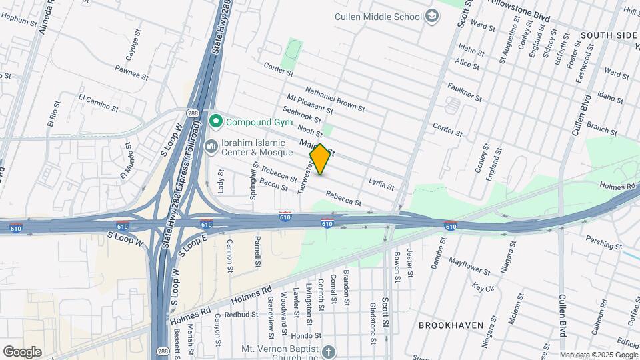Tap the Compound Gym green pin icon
pos(215,122)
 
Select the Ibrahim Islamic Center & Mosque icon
pos(211,145)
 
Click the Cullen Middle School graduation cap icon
pos(431,17)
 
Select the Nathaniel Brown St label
pos(335,99)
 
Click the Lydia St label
pos(381,183)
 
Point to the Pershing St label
pos(603,240)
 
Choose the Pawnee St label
pos(130,69)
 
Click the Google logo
pos(22,351)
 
